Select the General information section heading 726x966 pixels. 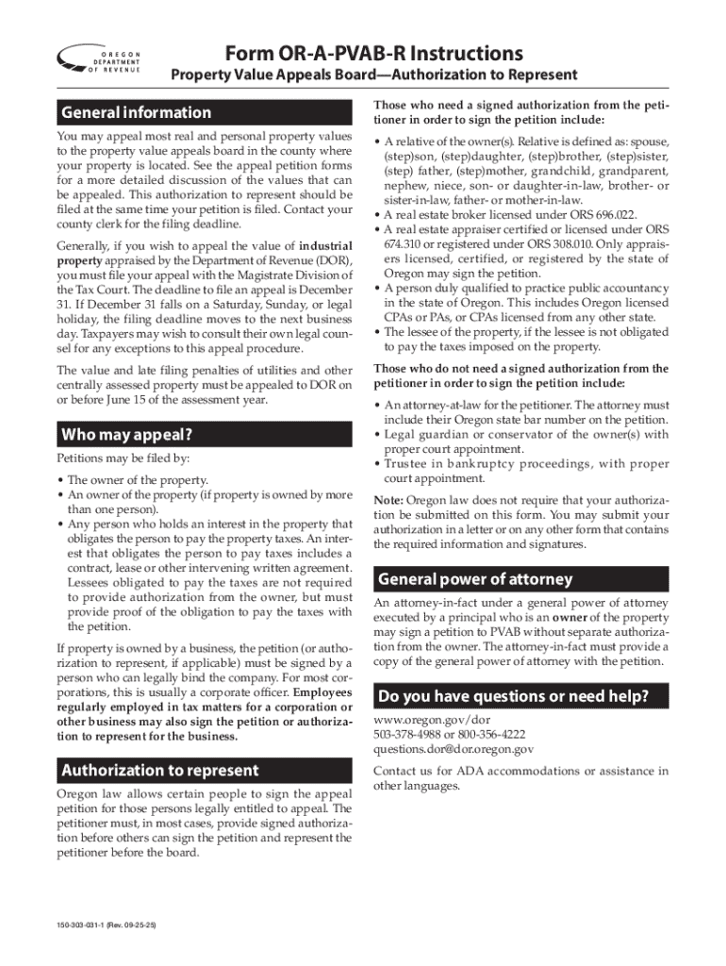click(x=137, y=113)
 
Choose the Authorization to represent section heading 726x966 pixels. click(x=159, y=771)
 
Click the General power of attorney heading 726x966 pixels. click(x=473, y=578)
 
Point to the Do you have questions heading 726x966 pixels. click(x=513, y=697)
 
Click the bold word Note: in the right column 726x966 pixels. click(x=389, y=500)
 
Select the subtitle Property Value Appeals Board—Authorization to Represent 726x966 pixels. click(x=373, y=75)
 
